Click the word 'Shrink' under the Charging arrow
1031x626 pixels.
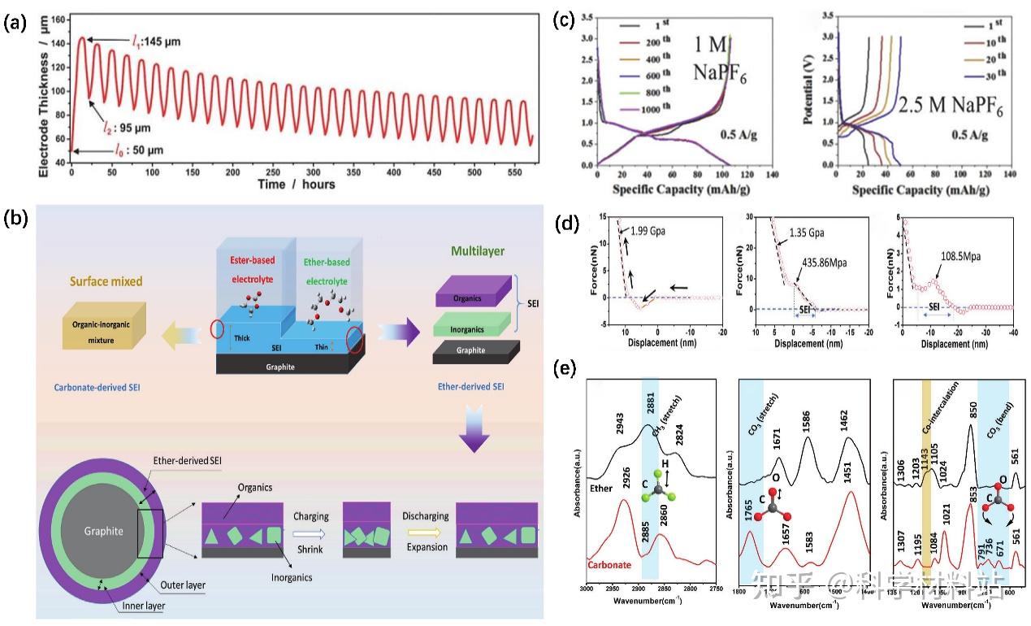[314, 550]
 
